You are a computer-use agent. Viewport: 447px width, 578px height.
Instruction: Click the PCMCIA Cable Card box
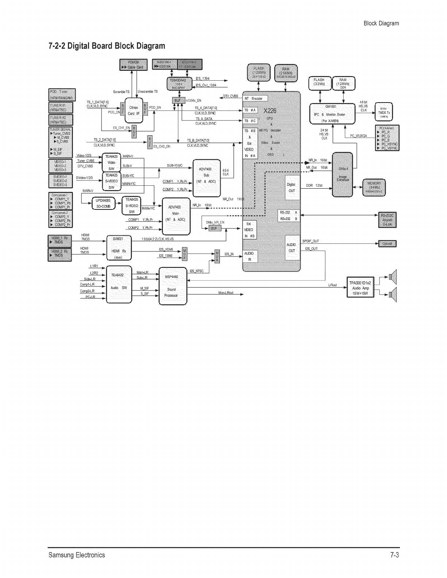[x=133, y=65]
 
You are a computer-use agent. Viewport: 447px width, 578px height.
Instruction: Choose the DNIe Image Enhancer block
[x=343, y=175]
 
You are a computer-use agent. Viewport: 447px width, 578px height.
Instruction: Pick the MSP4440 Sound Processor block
[x=172, y=286]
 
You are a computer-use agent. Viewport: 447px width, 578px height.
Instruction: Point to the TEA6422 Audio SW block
[x=118, y=285]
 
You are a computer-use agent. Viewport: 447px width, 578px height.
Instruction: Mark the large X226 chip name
[x=272, y=111]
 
